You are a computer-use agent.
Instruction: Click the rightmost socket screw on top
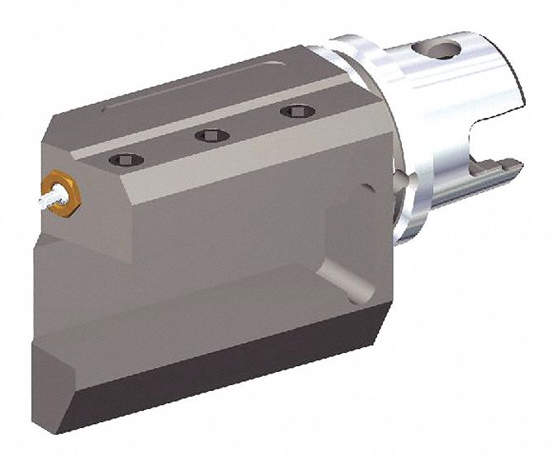tap(291, 111)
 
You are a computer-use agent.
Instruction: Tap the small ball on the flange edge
tap(401, 183)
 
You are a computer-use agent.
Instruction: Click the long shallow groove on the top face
tap(206, 86)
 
